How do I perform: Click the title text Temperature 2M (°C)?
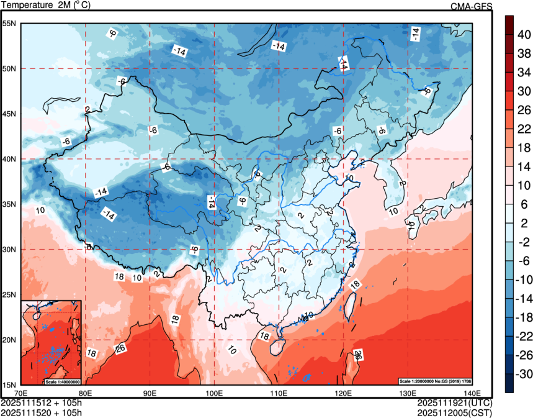pos(47,6)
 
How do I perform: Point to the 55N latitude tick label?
pos(10,24)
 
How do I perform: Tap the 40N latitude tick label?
pos(10,159)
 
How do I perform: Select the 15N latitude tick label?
pos(10,384)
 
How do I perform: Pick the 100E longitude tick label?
pos(214,393)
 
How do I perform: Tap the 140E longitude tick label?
pos(472,393)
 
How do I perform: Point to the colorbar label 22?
pos(524,129)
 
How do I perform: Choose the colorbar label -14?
pos(525,298)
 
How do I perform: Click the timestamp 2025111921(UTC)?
pos(454,402)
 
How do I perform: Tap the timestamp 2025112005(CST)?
pos(454,411)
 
